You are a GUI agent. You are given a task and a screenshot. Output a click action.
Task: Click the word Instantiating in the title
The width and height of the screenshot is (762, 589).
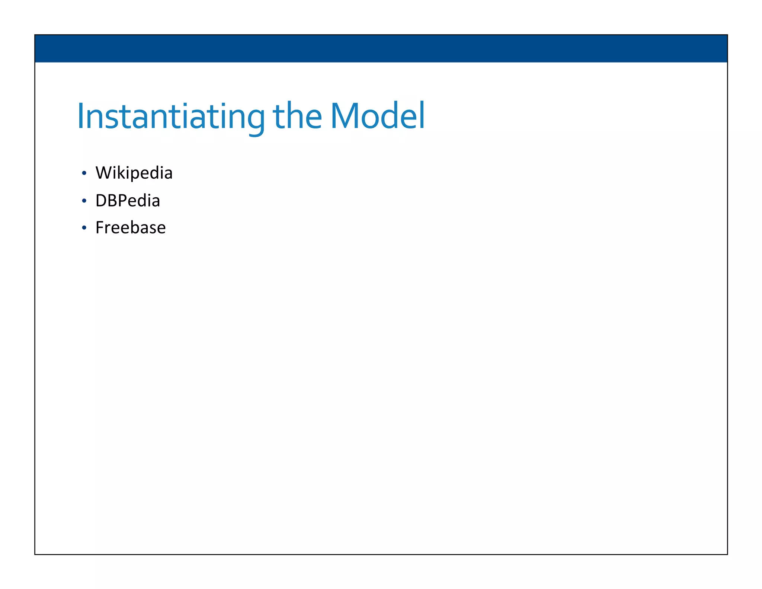pyautogui.click(x=171, y=116)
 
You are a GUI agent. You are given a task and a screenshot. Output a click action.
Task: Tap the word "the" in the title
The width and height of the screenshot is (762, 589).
pyautogui.click(x=297, y=116)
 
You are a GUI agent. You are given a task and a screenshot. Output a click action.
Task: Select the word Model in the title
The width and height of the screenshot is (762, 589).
pyautogui.click(x=378, y=116)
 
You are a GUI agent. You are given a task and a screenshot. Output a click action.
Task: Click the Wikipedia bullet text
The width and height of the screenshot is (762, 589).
pyautogui.click(x=134, y=173)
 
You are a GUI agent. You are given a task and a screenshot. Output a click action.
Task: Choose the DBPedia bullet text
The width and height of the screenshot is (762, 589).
pyautogui.click(x=128, y=201)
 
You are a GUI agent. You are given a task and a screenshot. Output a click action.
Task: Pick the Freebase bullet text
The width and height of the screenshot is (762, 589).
pyautogui.click(x=130, y=228)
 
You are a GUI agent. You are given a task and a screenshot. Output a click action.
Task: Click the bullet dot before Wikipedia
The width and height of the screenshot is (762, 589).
pyautogui.click(x=84, y=173)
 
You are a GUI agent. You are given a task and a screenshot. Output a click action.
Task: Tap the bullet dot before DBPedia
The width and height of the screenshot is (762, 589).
pyautogui.click(x=84, y=201)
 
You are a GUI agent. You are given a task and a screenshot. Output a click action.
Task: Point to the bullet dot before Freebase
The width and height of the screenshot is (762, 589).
pyautogui.click(x=84, y=228)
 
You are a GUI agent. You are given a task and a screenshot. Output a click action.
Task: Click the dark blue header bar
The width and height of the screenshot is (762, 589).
pyautogui.click(x=381, y=48)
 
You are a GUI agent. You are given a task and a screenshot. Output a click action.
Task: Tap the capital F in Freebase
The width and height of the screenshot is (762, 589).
pyautogui.click(x=99, y=228)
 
